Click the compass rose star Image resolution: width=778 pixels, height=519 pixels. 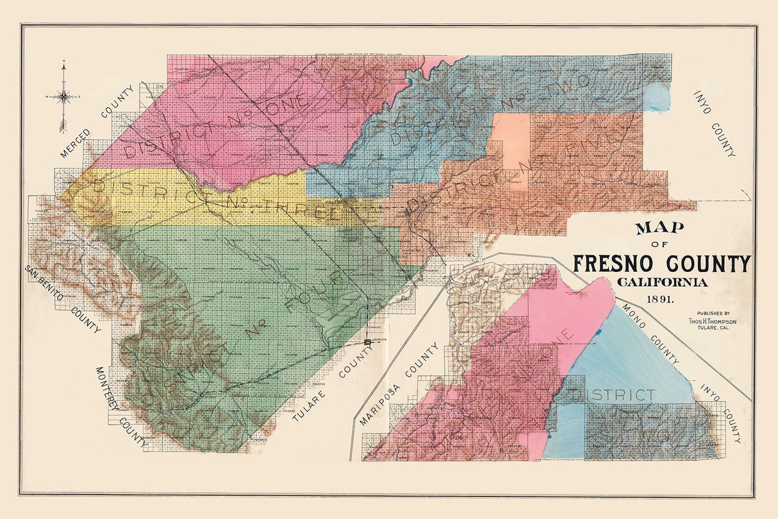(63, 97)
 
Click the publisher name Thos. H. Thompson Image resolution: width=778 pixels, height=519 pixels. (708, 321)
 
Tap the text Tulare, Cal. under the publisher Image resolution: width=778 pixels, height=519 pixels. (709, 330)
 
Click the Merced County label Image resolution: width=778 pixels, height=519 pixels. (100, 121)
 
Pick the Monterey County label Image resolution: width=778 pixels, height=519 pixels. (121, 408)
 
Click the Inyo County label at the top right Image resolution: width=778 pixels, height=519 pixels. (714, 123)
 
